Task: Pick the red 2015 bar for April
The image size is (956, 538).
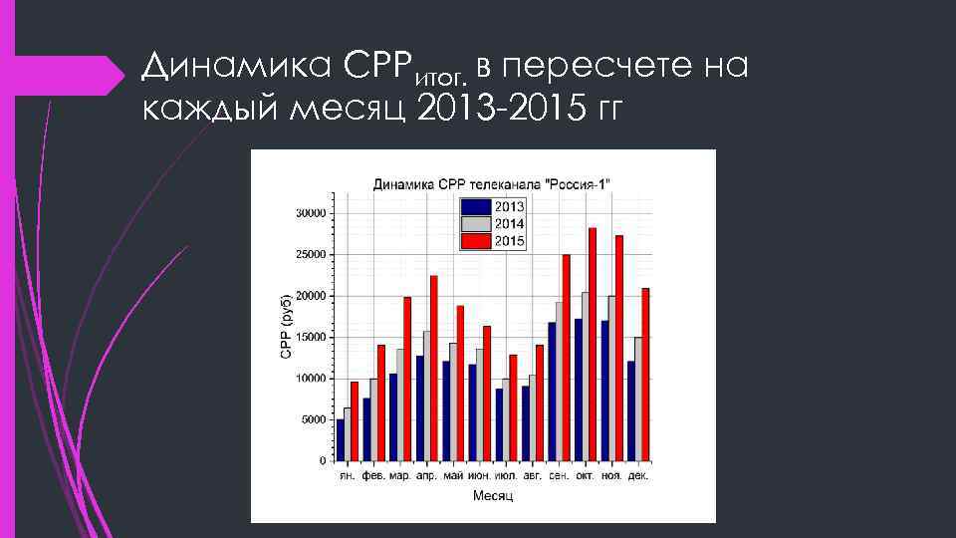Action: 433,368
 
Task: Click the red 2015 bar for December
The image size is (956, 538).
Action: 645,375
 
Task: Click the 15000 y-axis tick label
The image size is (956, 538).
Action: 311,338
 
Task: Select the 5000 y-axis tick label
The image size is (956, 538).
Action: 314,420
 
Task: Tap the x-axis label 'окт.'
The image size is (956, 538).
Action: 586,477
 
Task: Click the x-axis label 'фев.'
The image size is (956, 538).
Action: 373,477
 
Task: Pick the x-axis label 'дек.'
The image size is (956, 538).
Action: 638,477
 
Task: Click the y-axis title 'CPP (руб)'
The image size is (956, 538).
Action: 285,328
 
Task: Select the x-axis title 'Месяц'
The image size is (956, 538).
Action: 493,496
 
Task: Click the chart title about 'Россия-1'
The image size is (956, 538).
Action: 492,184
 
